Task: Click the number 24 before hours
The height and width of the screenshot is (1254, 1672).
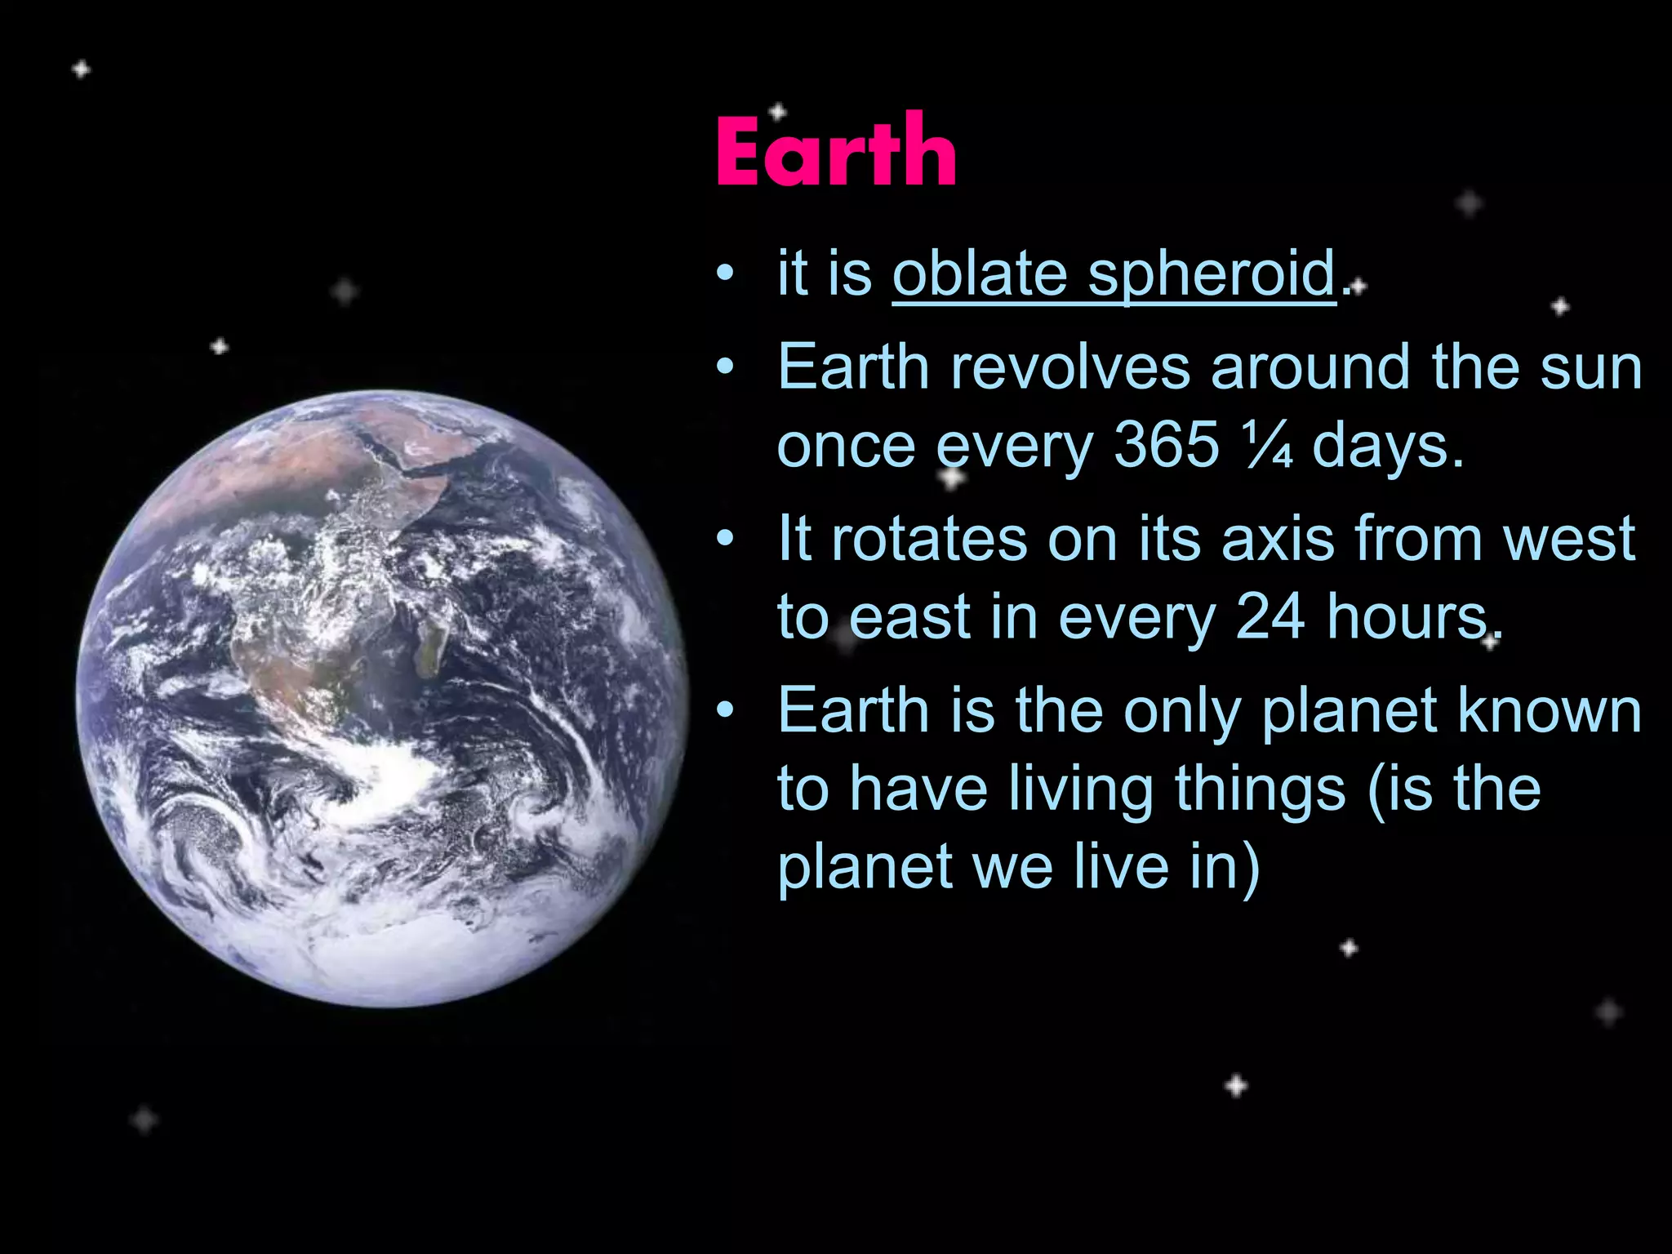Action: pyautogui.click(x=1270, y=617)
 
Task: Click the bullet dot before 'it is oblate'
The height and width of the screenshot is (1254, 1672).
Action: pyautogui.click(x=724, y=275)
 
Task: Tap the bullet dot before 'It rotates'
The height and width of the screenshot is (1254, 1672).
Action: pyautogui.click(x=724, y=540)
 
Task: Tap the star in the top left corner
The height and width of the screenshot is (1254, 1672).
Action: pyautogui.click(x=81, y=69)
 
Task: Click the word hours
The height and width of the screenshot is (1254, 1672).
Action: pyautogui.click(x=1412, y=617)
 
